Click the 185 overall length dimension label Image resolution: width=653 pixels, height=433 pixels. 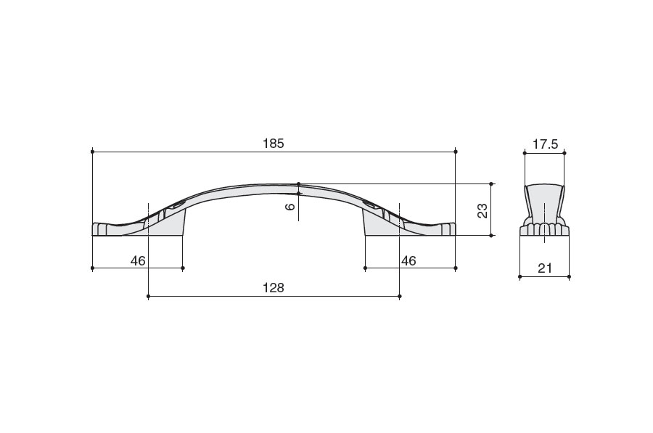click(x=274, y=143)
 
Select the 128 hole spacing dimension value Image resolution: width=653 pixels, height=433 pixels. click(x=274, y=288)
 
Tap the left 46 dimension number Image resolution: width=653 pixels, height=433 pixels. click(x=138, y=260)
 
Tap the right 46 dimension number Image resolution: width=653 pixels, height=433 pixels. click(x=408, y=260)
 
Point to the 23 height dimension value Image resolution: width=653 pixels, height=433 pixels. click(x=482, y=210)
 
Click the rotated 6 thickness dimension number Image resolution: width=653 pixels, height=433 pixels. click(x=291, y=206)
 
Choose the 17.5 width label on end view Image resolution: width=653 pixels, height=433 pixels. click(x=545, y=144)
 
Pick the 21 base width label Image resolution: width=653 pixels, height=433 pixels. click(x=545, y=268)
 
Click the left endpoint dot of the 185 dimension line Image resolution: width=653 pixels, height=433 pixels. click(x=92, y=152)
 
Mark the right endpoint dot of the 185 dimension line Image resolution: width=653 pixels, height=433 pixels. click(x=456, y=152)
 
